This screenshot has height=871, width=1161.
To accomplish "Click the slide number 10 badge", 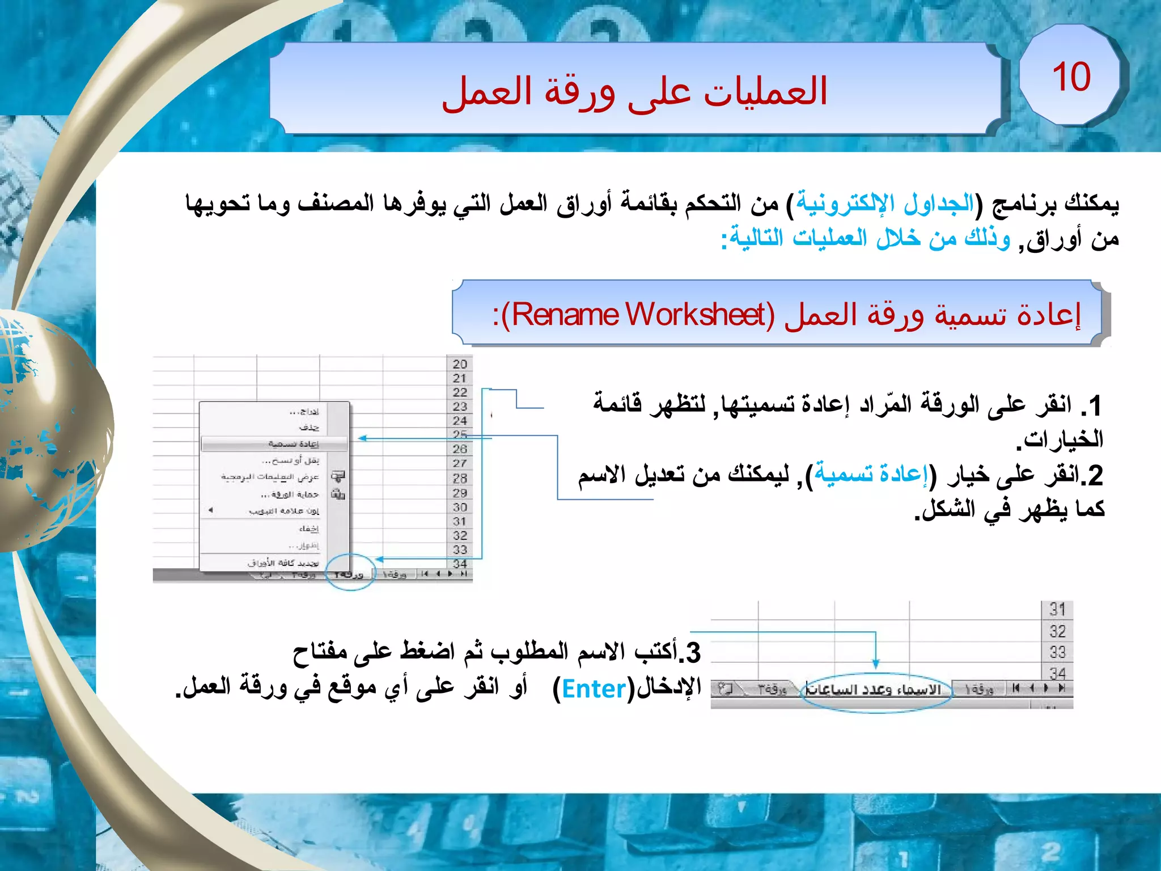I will [x=1071, y=77].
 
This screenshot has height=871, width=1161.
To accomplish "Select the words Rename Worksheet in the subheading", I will [x=638, y=315].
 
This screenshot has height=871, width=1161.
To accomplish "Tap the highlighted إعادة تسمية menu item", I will [x=293, y=443].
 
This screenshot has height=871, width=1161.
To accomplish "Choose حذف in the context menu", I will [x=309, y=427].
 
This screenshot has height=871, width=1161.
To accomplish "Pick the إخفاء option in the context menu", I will [x=309, y=528].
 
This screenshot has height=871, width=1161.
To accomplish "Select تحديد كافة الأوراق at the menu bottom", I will [x=283, y=563].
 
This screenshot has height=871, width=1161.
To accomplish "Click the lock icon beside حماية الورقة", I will [x=338, y=494].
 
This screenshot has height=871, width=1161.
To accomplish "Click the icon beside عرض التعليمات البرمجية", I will [x=338, y=476].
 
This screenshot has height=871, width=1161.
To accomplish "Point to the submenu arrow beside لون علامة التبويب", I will [x=210, y=510].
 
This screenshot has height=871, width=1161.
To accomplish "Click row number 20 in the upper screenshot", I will [x=460, y=364].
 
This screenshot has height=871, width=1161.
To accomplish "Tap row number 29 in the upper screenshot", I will [x=460, y=493].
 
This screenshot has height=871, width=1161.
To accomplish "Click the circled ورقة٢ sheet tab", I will [x=349, y=574].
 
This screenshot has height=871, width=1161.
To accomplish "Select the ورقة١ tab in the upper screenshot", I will [x=395, y=574].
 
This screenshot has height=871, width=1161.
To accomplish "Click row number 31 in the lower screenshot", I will [x=1057, y=610].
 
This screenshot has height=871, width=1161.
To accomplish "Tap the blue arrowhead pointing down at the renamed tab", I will [x=876, y=663].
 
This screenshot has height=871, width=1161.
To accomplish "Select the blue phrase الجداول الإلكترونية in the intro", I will [x=884, y=202].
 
